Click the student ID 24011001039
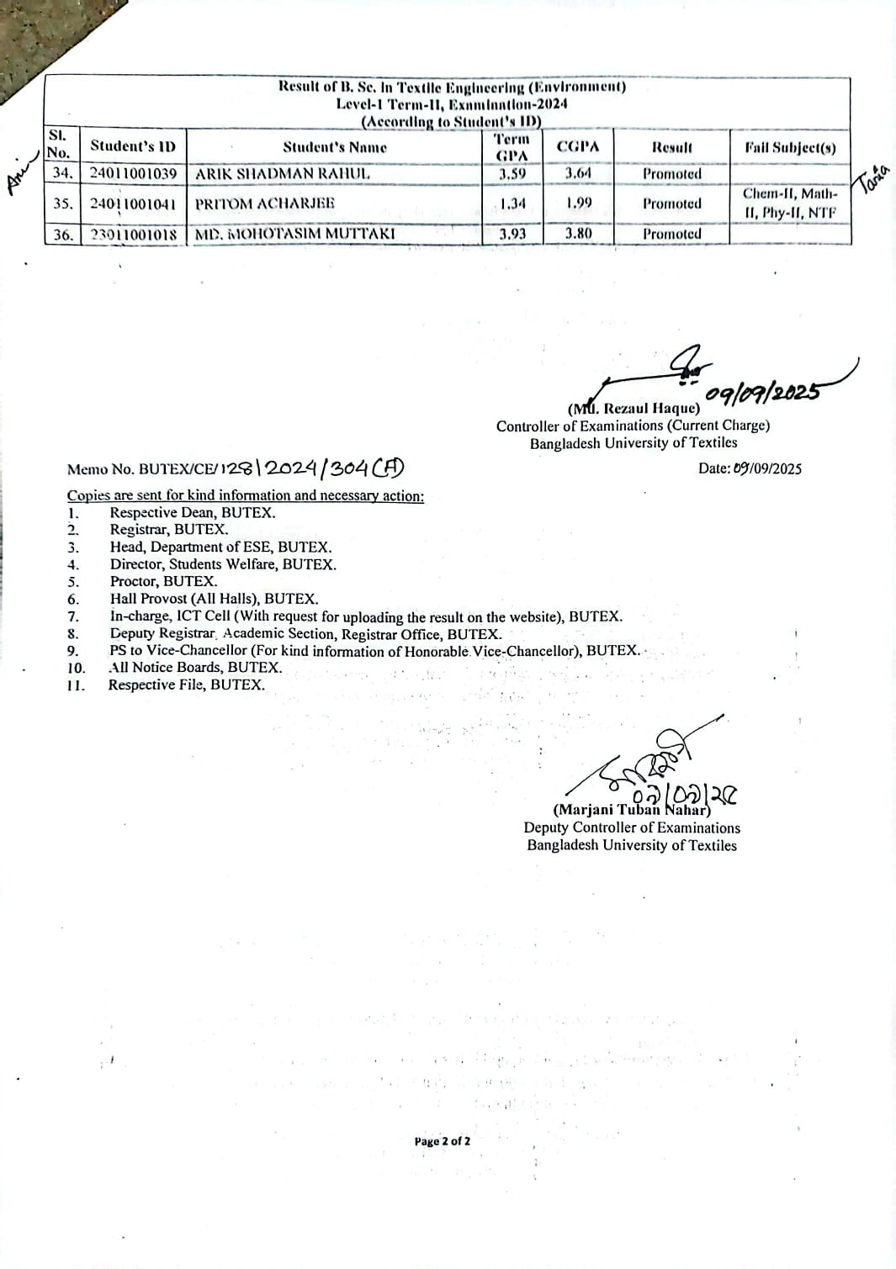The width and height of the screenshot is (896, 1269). pyautogui.click(x=134, y=174)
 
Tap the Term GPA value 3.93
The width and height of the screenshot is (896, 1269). pyautogui.click(x=512, y=234)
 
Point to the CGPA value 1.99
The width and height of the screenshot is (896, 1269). pyautogui.click(x=578, y=203)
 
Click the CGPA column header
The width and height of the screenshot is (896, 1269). pyautogui.click(x=578, y=146)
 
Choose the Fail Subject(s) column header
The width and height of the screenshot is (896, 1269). pyautogui.click(x=790, y=147)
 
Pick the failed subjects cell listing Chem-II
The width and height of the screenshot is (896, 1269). pyautogui.click(x=790, y=204)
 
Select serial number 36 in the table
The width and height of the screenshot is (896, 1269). pyautogui.click(x=63, y=235)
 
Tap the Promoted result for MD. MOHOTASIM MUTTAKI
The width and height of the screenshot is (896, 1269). pyautogui.click(x=671, y=234)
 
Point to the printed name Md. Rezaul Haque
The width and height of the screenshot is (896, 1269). pyautogui.click(x=634, y=409)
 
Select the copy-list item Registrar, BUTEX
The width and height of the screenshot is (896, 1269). pyautogui.click(x=169, y=530)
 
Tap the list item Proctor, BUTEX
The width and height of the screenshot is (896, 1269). pyautogui.click(x=163, y=581)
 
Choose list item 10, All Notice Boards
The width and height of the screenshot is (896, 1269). pyautogui.click(x=195, y=668)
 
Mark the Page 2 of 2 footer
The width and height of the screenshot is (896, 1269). pyautogui.click(x=442, y=1141)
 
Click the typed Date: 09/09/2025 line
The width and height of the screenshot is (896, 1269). pyautogui.click(x=750, y=468)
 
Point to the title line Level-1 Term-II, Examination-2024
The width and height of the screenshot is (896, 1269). pyautogui.click(x=452, y=104)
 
